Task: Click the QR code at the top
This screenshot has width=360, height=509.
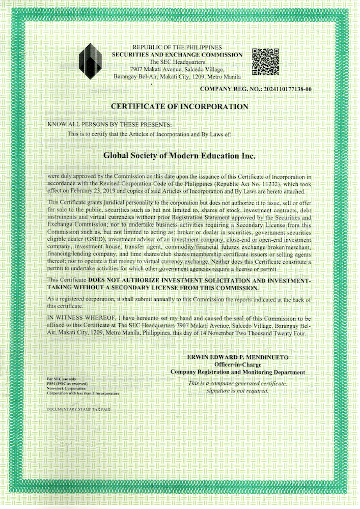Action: click(266, 62)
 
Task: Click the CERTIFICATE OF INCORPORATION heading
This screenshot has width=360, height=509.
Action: click(180, 106)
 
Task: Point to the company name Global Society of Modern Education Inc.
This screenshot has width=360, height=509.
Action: click(179, 154)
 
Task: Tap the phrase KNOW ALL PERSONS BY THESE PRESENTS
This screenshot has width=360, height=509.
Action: click(110, 124)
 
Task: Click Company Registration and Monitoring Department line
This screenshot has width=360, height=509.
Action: click(238, 372)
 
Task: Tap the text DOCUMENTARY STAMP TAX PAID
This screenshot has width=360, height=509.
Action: click(78, 409)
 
